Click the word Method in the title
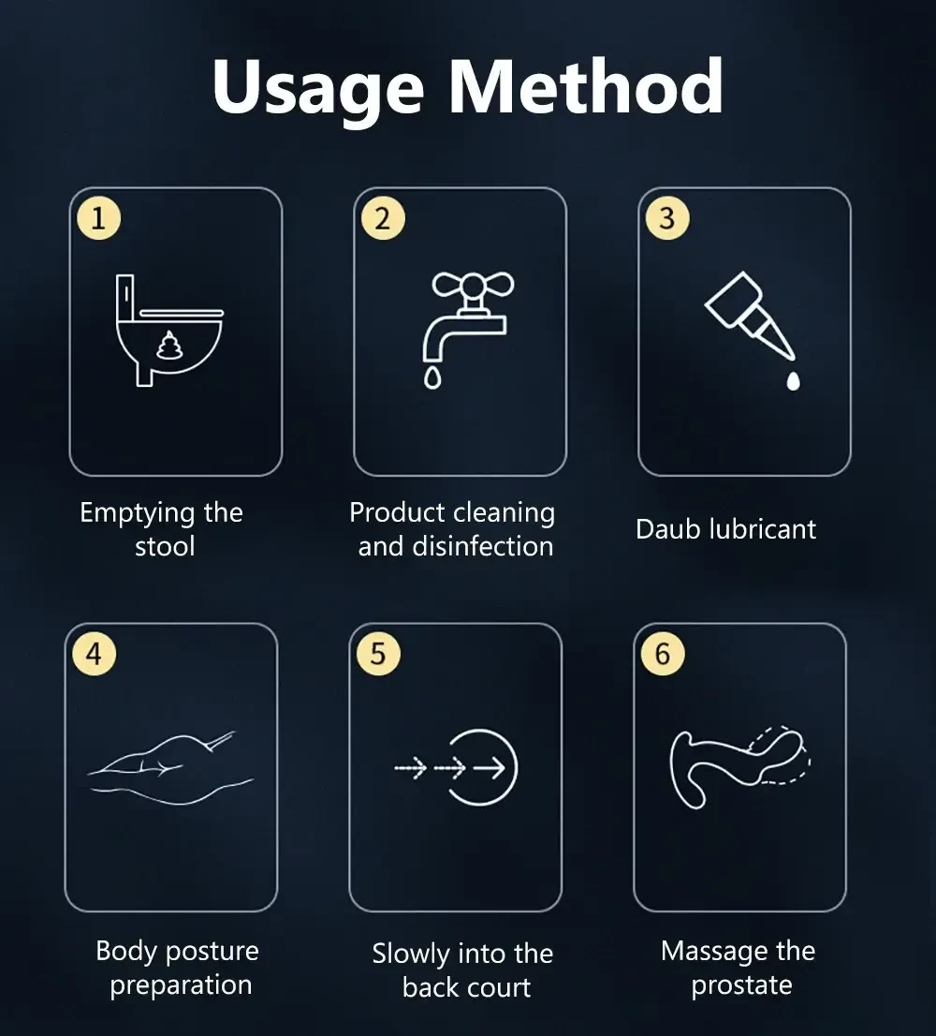pos(587,86)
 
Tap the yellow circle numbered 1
pos(98,218)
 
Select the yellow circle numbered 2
pos(383,218)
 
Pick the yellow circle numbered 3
pos(667,218)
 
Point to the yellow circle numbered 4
pos(95,654)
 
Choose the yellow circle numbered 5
pos(378,654)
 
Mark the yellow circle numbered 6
pos(663,654)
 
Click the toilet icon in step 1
pos(169,331)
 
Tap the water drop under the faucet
pos(432,377)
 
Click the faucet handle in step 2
pos(473,286)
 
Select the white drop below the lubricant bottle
pos(794,381)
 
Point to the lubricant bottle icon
pos(750,315)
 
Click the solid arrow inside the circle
pos(490,768)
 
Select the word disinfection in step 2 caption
pos(482,546)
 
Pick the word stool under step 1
pos(165,546)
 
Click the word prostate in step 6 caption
pos(741,985)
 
